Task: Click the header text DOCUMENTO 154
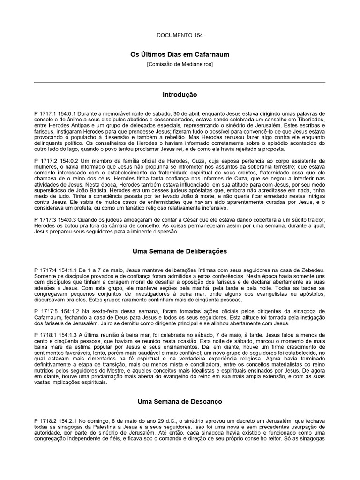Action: [x=180, y=35]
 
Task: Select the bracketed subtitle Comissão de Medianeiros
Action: [x=180, y=64]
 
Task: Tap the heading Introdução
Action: [x=180, y=95]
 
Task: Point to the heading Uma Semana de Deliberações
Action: [x=180, y=251]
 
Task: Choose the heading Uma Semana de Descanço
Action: [x=180, y=402]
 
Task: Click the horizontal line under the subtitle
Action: [x=180, y=83]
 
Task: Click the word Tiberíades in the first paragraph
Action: [x=310, y=120]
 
